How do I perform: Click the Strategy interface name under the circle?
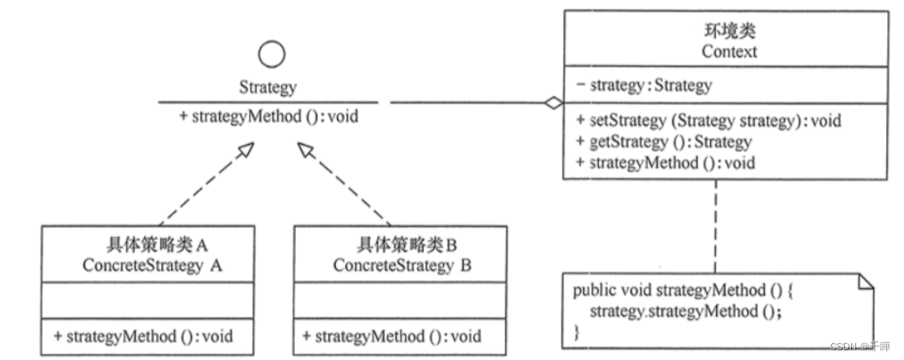tap(268, 88)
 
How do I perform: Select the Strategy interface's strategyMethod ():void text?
tap(269, 116)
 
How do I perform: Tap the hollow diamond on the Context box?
tap(553, 103)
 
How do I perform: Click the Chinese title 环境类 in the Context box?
tap(729, 32)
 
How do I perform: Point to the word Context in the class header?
tap(729, 51)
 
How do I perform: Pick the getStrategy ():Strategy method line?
tap(663, 142)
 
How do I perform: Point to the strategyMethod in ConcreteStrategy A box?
tap(143, 336)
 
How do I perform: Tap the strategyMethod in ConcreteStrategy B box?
tap(391, 336)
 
